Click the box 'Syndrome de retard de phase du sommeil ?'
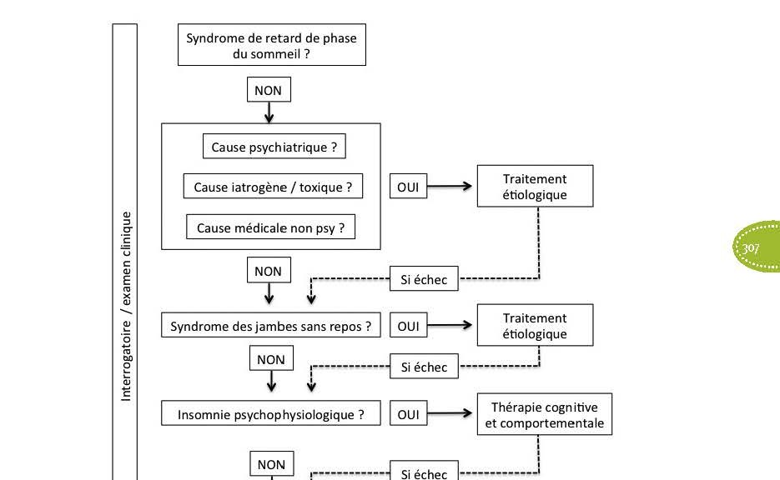click(272, 45)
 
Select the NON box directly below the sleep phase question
click(269, 90)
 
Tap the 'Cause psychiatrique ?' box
click(274, 147)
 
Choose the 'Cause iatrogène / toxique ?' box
click(273, 187)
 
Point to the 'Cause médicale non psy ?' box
click(270, 227)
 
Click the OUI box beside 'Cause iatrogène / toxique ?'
click(408, 187)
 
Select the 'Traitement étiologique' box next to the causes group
click(535, 186)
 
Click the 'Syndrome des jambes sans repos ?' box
click(270, 326)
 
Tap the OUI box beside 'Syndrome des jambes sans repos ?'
click(408, 326)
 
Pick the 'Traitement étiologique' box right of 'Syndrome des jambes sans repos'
click(535, 325)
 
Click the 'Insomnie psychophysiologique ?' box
click(270, 413)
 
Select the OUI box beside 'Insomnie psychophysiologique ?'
click(408, 413)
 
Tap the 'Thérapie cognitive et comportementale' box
click(545, 414)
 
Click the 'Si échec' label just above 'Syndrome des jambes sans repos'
click(424, 279)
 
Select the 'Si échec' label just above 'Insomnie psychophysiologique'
click(424, 367)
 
